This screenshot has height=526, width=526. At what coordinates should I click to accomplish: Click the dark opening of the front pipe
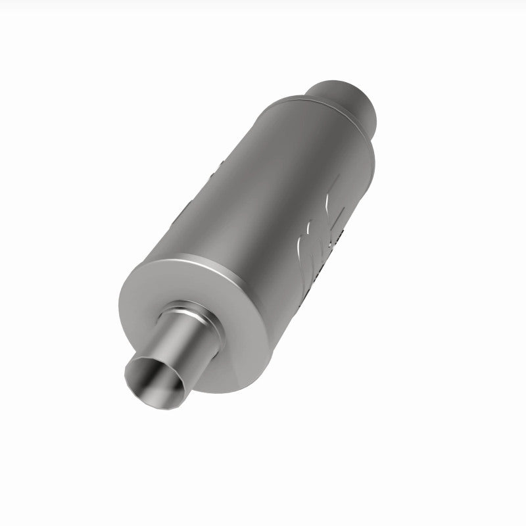tap(153, 377)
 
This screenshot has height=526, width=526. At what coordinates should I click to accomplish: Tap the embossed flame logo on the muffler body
tap(322, 230)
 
